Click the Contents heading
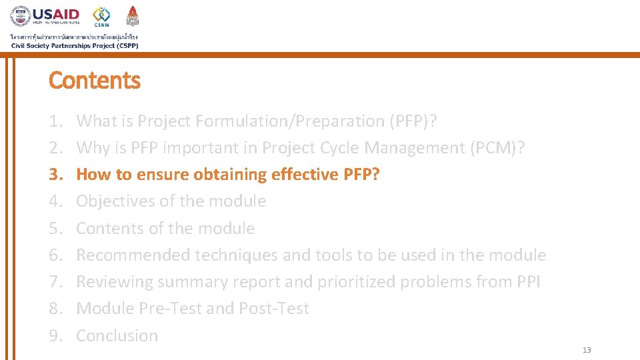tap(95, 81)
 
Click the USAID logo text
tap(56, 14)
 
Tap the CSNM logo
tap(101, 17)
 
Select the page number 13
tap(587, 350)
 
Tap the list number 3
tap(55, 175)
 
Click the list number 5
tap(55, 229)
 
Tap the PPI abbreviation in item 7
tap(528, 282)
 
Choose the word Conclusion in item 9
tap(117, 336)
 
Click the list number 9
tap(55, 336)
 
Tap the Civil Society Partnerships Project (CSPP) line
tap(75, 45)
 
